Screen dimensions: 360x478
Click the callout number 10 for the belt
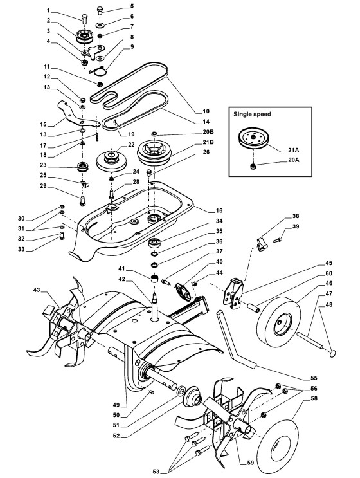point(206,111)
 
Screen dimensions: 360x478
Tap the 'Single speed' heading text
point(252,114)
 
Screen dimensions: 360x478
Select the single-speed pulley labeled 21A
point(253,139)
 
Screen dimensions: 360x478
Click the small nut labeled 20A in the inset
point(253,167)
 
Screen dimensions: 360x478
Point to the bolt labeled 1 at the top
point(84,17)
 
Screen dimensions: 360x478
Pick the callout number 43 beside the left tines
point(37,290)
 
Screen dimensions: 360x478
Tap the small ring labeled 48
point(333,353)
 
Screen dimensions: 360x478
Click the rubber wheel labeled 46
point(278,322)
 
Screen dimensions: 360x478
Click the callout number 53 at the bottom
point(156,472)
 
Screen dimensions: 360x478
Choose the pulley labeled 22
point(111,161)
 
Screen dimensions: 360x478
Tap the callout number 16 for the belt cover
point(219,210)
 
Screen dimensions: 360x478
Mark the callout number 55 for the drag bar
point(314,378)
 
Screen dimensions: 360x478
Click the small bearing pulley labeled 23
point(83,167)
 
